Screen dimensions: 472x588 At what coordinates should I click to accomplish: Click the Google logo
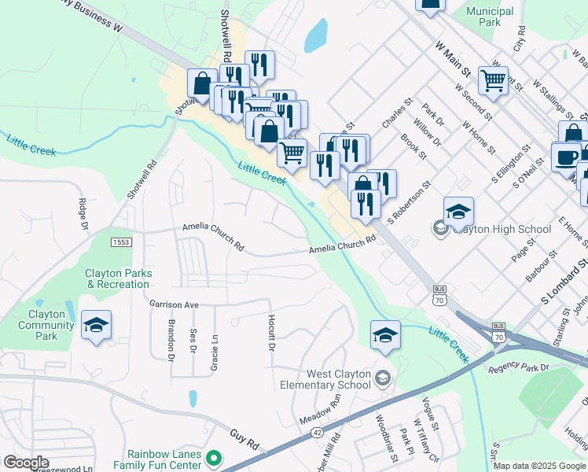pos(25,463)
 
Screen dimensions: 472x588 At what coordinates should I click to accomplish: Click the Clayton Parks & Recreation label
pos(119,278)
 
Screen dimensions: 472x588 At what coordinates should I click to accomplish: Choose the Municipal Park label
pos(489,17)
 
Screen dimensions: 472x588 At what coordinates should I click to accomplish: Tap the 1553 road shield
pos(120,242)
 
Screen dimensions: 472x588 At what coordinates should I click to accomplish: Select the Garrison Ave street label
pos(175,304)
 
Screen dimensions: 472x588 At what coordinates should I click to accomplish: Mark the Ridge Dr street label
pos(83,215)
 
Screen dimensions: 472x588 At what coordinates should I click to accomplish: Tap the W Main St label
pos(452,60)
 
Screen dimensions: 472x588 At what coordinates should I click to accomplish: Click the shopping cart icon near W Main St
pos(493,79)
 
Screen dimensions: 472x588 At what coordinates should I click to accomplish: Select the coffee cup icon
pos(566,157)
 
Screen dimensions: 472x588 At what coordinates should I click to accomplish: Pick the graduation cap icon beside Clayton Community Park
pos(96,326)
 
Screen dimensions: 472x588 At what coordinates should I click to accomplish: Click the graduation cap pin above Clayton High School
pos(458,212)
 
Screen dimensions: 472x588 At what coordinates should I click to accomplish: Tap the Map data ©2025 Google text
pos(540,466)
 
